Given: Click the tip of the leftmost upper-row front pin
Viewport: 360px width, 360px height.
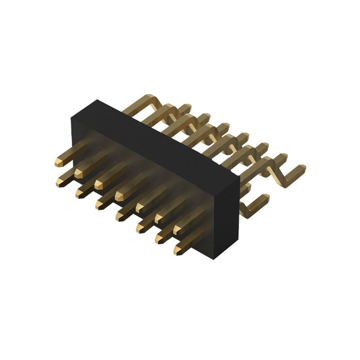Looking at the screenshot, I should coord(59,162).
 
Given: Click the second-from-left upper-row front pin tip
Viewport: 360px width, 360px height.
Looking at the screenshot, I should coord(79,173).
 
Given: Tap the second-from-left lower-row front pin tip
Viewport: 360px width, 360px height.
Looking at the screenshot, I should coord(79,193).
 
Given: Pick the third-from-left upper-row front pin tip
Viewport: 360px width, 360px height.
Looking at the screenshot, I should coord(99,184).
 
